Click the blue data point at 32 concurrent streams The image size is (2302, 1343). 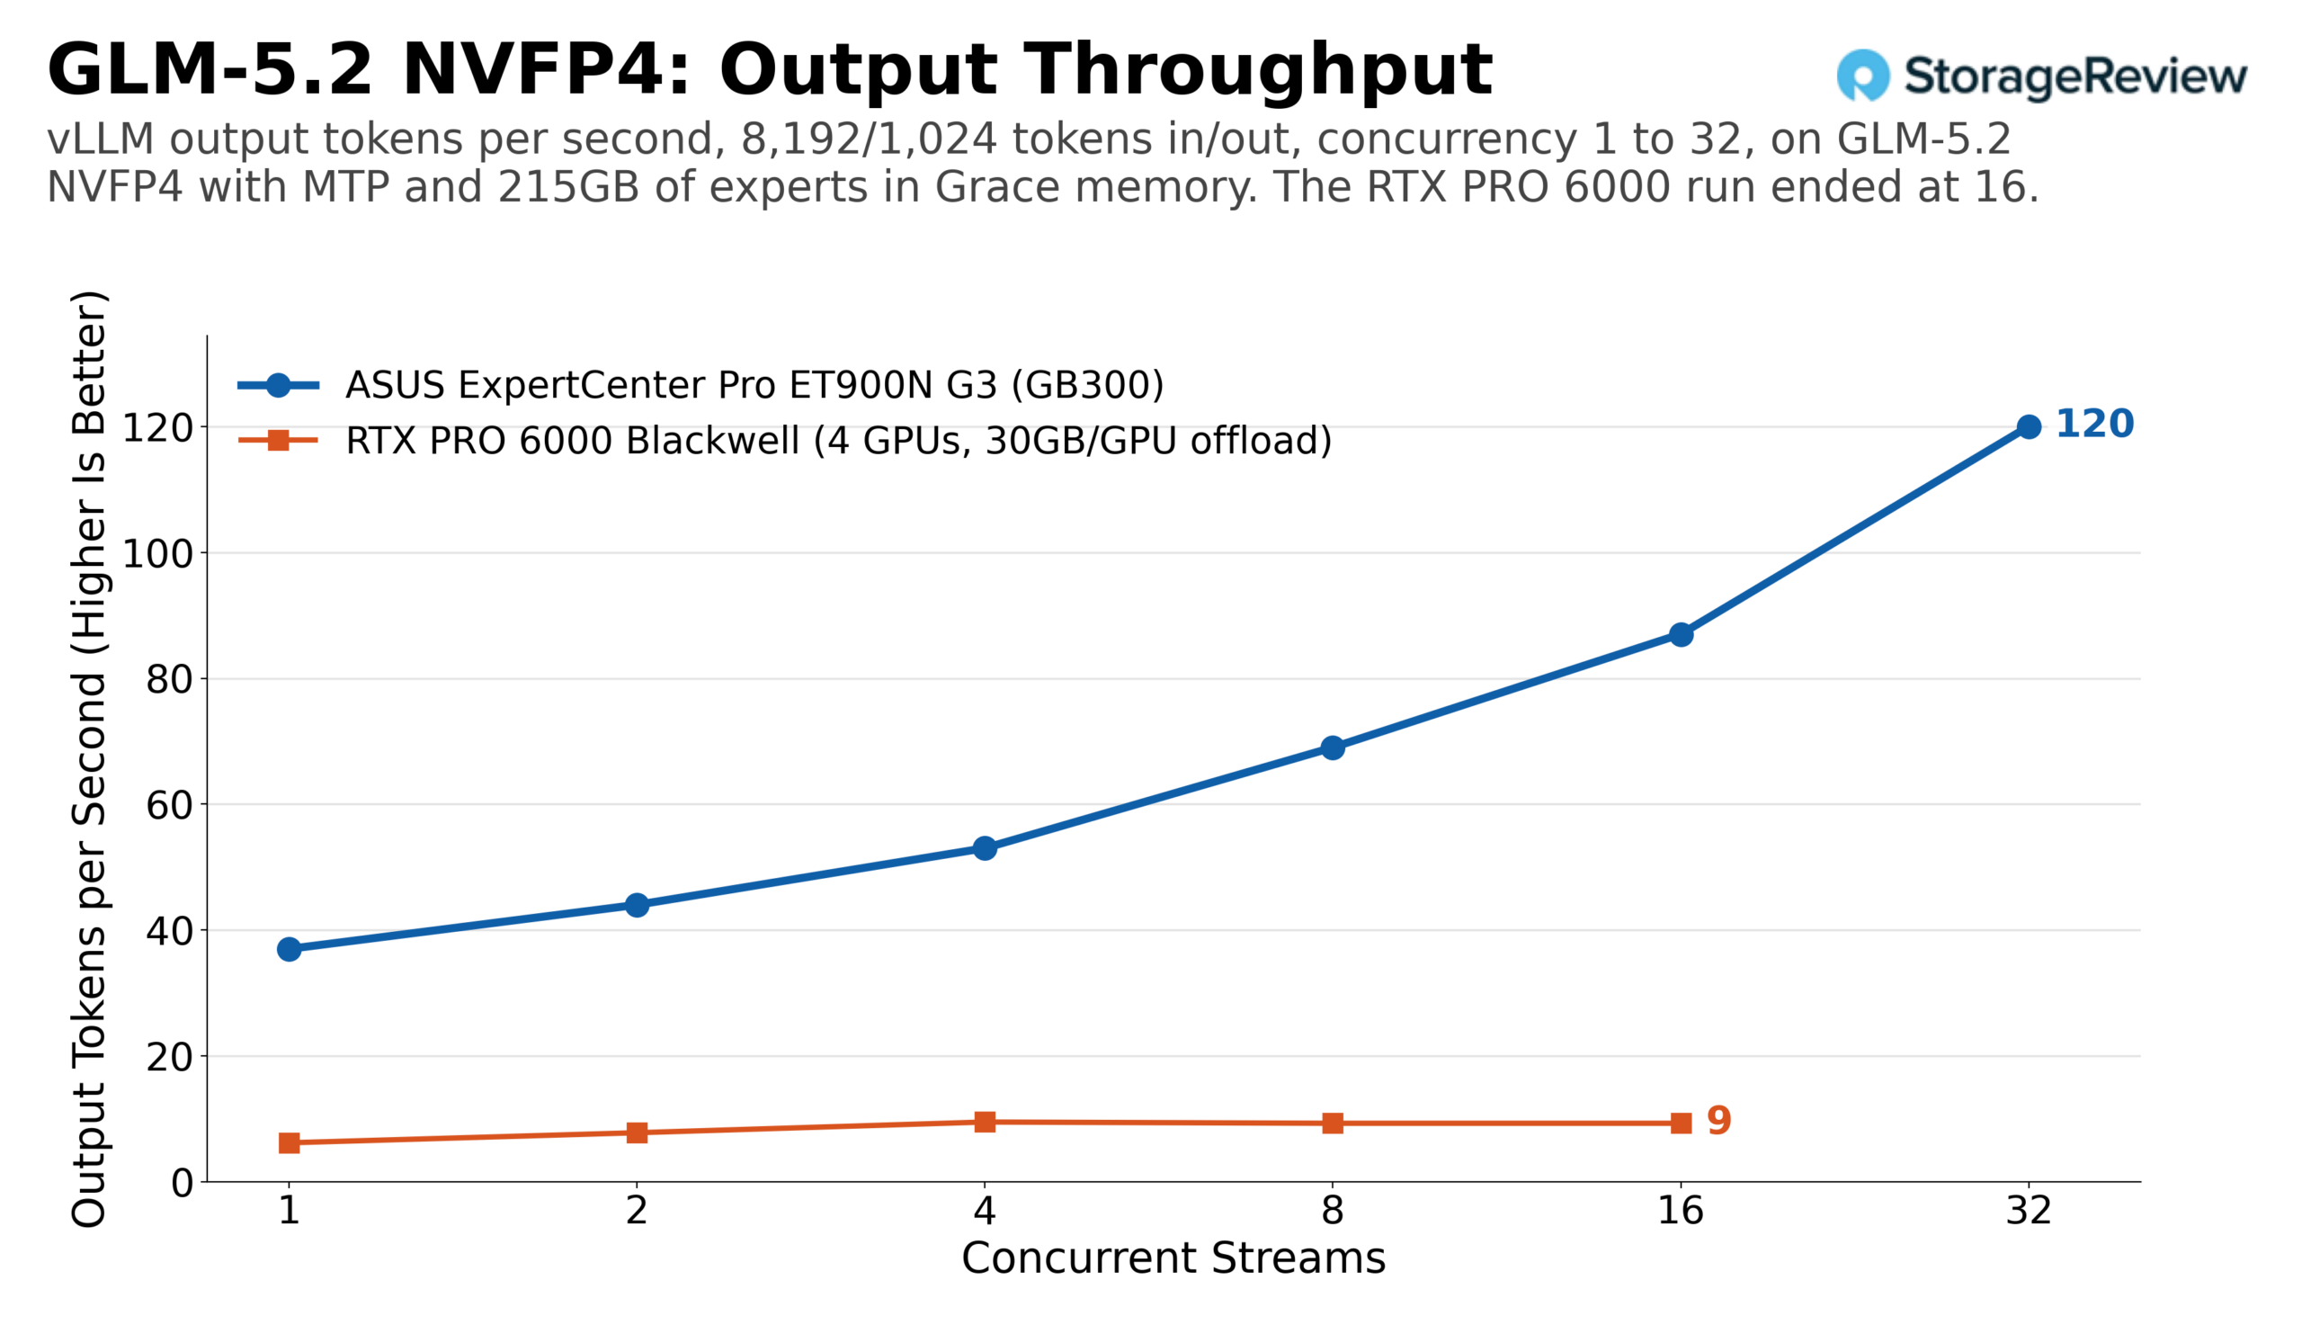point(2028,426)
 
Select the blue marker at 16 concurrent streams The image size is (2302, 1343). point(1680,634)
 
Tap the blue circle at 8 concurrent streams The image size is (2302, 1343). point(1333,748)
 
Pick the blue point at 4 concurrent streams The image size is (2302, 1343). point(985,848)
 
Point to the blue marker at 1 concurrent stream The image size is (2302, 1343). point(289,949)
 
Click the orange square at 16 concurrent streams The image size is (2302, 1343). point(1680,1123)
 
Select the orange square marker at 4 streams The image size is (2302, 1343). point(985,1122)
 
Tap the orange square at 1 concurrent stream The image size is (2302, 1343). point(289,1143)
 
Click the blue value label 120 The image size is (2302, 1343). point(2093,424)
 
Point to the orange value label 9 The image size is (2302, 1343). point(1718,1121)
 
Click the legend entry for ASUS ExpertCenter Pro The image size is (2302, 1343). point(700,386)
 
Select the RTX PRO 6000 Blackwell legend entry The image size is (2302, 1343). point(785,441)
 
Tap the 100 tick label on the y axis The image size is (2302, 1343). point(158,553)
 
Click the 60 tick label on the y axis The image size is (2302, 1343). point(170,805)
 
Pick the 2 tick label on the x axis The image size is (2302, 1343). point(637,1212)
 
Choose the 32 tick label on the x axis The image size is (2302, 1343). point(2028,1212)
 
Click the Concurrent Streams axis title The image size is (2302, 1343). point(1173,1259)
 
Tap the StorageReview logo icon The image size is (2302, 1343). point(1862,75)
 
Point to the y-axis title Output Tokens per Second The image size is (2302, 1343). point(90,759)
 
